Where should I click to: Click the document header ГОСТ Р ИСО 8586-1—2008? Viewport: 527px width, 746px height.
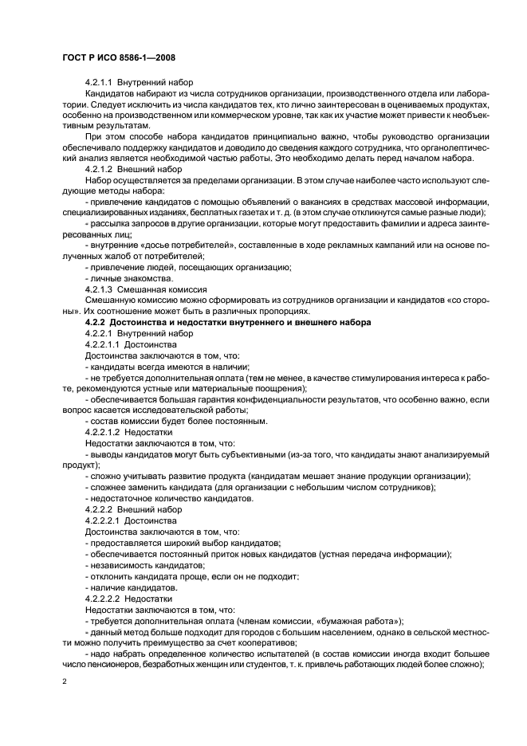pos(119,59)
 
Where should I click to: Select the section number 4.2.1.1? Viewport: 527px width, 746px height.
pos(100,83)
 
